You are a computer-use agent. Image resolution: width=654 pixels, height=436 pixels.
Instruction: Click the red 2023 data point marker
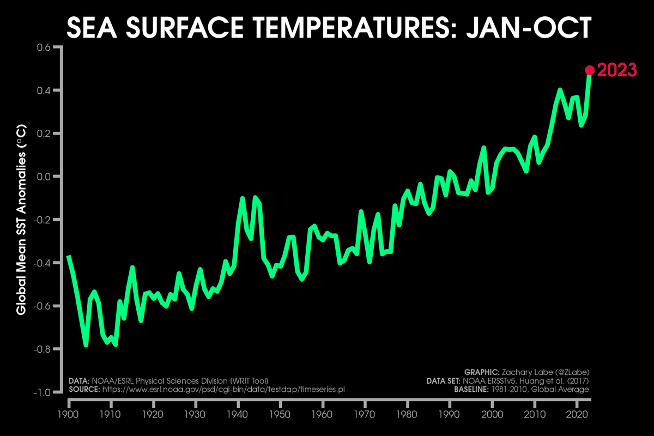[x=589, y=70]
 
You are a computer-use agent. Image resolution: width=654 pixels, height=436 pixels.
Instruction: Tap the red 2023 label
[x=617, y=70]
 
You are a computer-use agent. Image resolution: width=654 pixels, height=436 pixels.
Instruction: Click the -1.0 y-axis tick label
[x=43, y=392]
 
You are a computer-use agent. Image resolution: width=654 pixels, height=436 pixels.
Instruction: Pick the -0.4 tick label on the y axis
[x=43, y=263]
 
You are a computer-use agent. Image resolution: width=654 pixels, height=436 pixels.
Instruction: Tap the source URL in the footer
[x=224, y=389]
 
